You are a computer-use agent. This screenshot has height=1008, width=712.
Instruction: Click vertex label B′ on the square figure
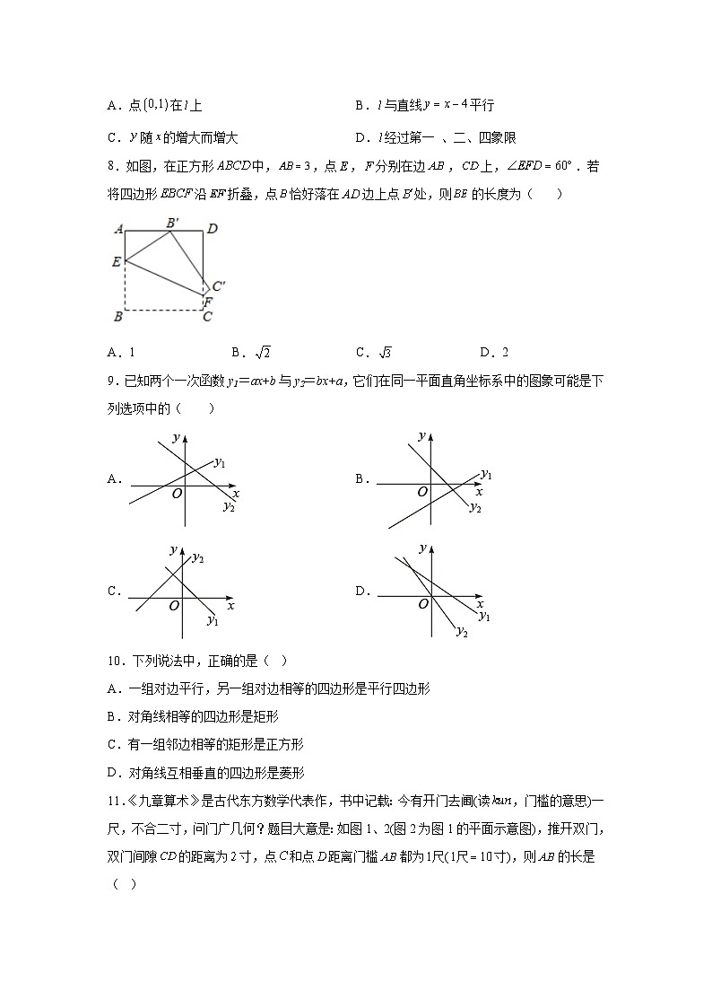pyautogui.click(x=172, y=221)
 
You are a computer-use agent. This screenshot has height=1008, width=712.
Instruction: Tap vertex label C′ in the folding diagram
pyautogui.click(x=219, y=286)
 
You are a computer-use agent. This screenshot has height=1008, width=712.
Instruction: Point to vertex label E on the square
pyautogui.click(x=117, y=261)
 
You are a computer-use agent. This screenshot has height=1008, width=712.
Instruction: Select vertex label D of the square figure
pyautogui.click(x=213, y=230)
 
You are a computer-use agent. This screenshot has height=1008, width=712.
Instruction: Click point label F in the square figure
pyautogui.click(x=208, y=302)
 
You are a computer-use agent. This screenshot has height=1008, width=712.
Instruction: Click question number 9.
pyautogui.click(x=112, y=381)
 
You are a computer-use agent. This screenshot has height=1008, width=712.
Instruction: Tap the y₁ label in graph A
pyautogui.click(x=220, y=462)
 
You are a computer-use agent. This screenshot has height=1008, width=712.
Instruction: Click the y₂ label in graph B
pyautogui.click(x=475, y=508)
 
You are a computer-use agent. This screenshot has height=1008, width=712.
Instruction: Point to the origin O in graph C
pyautogui.click(x=174, y=606)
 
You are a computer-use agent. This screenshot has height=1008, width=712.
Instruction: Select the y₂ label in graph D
pyautogui.click(x=462, y=632)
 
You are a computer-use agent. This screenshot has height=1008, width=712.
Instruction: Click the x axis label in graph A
pyautogui.click(x=236, y=494)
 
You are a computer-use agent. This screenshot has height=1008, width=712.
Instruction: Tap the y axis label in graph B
pyautogui.click(x=421, y=436)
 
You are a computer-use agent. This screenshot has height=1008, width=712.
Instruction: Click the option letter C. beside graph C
pyautogui.click(x=114, y=592)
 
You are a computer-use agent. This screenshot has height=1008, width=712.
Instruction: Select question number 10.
pyautogui.click(x=115, y=662)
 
